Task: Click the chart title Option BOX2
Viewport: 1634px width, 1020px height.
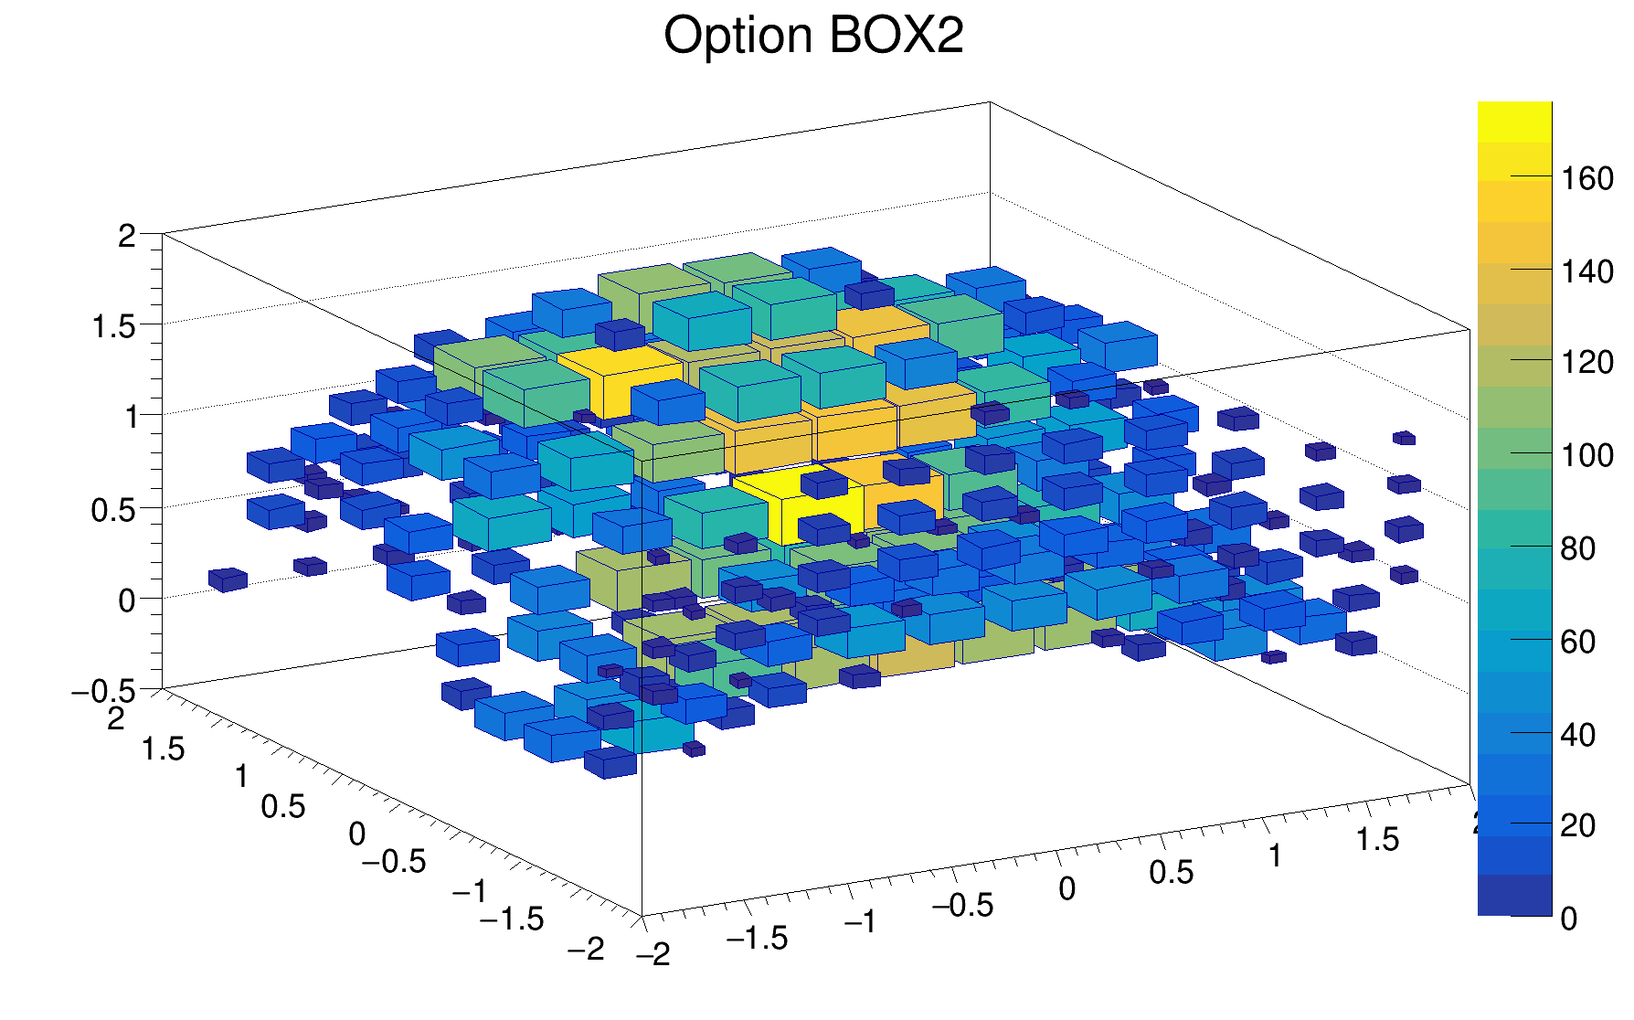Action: pyautogui.click(x=813, y=37)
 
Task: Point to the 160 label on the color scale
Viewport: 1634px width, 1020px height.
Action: pyautogui.click(x=1587, y=179)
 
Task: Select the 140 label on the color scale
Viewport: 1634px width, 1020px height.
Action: pyautogui.click(x=1587, y=271)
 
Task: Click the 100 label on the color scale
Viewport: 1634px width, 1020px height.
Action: pyautogui.click(x=1587, y=455)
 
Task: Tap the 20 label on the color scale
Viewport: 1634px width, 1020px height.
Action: pyautogui.click(x=1578, y=825)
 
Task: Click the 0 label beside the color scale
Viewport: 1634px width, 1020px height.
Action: pyautogui.click(x=1569, y=919)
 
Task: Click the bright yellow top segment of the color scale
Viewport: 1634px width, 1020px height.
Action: pyautogui.click(x=1514, y=122)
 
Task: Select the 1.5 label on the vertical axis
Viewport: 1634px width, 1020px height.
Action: pyautogui.click(x=114, y=326)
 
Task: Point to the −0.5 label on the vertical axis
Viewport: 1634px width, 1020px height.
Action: pyautogui.click(x=103, y=692)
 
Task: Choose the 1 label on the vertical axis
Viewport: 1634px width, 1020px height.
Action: pyautogui.click(x=131, y=418)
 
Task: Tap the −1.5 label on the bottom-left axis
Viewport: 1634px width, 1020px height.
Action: pyautogui.click(x=512, y=919)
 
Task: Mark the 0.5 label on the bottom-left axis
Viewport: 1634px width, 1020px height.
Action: pyautogui.click(x=283, y=806)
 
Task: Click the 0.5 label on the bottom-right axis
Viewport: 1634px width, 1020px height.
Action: pyautogui.click(x=1172, y=872)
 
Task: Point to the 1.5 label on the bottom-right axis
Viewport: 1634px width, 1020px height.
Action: pyautogui.click(x=1377, y=839)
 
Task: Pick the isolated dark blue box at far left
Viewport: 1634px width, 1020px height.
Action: pyautogui.click(x=228, y=579)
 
